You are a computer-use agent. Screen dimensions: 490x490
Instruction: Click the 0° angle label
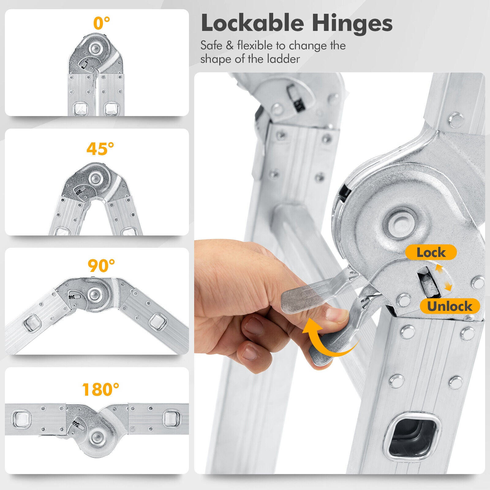pyautogui.click(x=101, y=23)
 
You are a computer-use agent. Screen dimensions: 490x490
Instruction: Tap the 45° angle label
pyautogui.click(x=100, y=149)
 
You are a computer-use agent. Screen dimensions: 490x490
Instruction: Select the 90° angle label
pyautogui.click(x=101, y=266)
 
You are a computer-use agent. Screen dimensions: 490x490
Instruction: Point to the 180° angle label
pyautogui.click(x=101, y=390)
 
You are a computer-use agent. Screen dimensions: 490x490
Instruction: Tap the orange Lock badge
pyautogui.click(x=431, y=253)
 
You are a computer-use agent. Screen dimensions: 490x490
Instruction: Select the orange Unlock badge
pyautogui.click(x=450, y=306)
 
